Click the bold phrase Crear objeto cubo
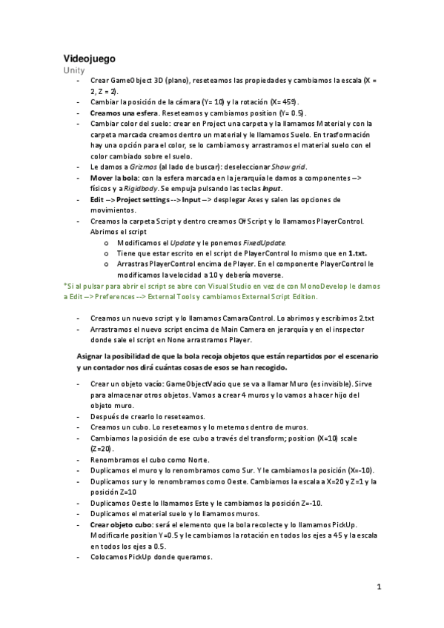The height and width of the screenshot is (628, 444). pos(122,525)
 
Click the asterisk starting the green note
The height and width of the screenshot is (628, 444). pos(65,285)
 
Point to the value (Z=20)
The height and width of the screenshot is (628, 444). pos(102,450)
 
